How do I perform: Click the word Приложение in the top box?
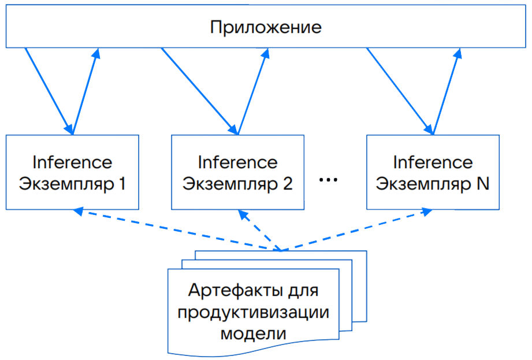click(x=265, y=28)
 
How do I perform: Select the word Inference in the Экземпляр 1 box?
click(x=72, y=162)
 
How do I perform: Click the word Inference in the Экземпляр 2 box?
click(x=237, y=162)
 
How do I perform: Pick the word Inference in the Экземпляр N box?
click(x=433, y=162)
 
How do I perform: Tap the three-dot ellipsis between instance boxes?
click(x=328, y=180)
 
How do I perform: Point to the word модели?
click(x=254, y=333)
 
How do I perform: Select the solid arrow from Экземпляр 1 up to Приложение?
click(x=86, y=90)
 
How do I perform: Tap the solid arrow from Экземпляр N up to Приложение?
click(x=447, y=90)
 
